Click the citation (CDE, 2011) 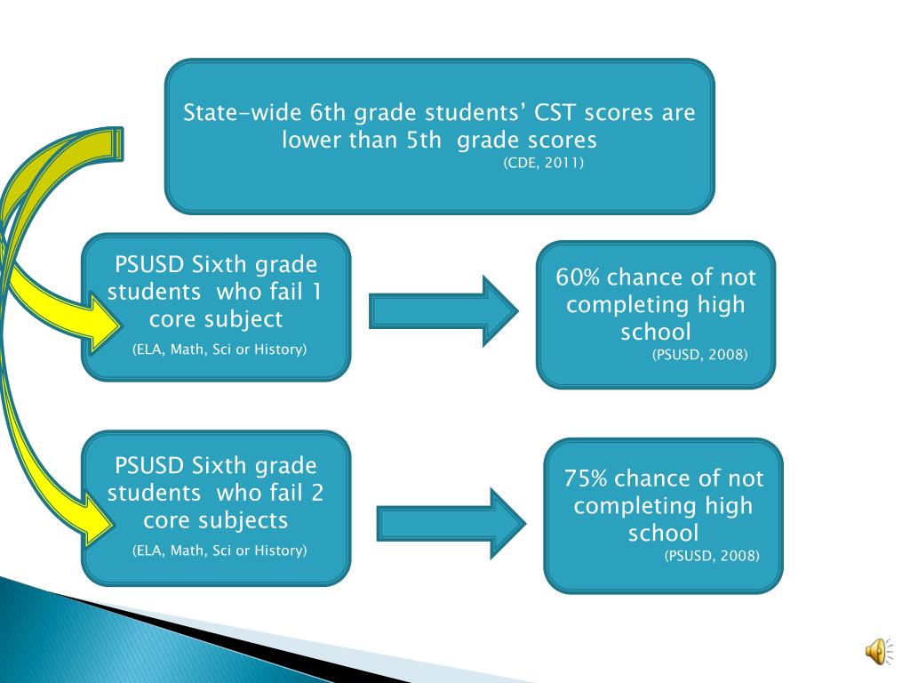(x=543, y=163)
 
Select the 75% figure (x=586, y=478)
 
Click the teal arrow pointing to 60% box (x=442, y=310)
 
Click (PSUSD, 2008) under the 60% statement (x=700, y=355)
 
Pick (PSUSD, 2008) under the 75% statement (x=712, y=556)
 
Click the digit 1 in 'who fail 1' (x=316, y=292)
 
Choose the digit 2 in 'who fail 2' (x=317, y=493)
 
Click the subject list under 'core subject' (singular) (x=220, y=350)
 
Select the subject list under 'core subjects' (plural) (x=220, y=550)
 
